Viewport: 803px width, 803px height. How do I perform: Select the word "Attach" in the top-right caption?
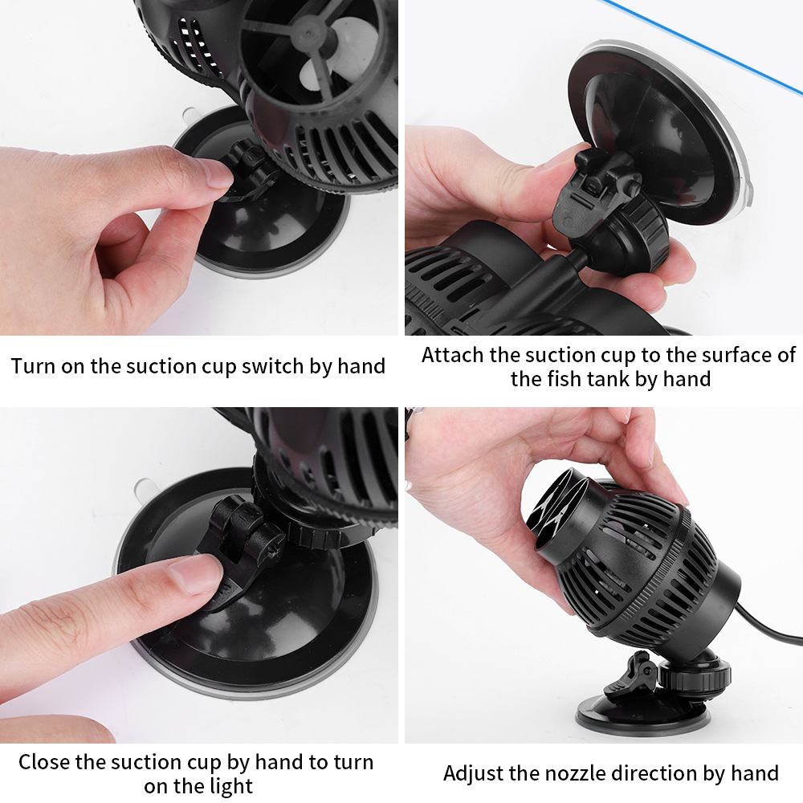[x=453, y=355]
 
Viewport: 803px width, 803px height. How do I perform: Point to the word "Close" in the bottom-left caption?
[x=44, y=762]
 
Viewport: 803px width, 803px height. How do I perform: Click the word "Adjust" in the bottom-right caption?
[x=475, y=774]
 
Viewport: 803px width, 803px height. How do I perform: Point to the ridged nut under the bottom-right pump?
[x=694, y=675]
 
